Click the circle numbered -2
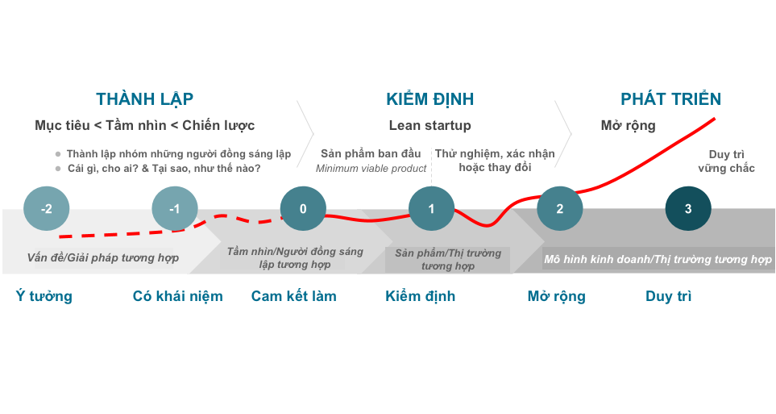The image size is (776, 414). coord(46,209)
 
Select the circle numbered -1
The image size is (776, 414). coord(174,209)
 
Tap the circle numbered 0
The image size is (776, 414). coord(303,209)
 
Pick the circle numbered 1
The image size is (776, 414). coord(431,209)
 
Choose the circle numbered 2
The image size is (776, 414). coord(560,209)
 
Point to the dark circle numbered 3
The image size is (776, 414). coord(688,209)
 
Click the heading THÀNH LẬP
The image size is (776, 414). coord(145,99)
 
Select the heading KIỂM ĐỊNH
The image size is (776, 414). coord(429,99)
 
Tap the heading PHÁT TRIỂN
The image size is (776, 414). coord(670,99)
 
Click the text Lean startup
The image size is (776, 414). coord(429,126)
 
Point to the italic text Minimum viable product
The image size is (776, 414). coord(371,169)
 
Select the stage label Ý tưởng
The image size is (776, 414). coord(44,296)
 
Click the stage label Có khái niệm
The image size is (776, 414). coord(178,296)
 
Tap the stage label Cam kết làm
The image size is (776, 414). coord(294,296)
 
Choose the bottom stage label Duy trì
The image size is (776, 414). coord(669,296)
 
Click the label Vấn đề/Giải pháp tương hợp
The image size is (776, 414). coord(102,258)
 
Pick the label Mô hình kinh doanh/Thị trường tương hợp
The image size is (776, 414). coord(658,259)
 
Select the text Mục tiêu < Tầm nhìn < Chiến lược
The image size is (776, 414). coord(145,126)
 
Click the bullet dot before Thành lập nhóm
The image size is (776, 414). coord(58,154)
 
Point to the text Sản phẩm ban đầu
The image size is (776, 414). coord(371,153)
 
